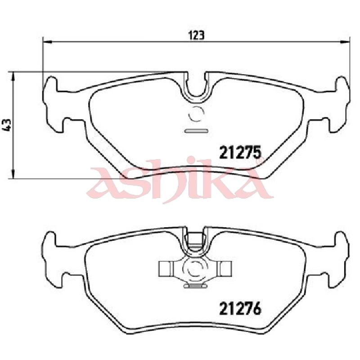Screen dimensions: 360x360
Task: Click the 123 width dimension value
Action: point(196,36)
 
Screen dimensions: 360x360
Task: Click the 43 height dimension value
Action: point(7,125)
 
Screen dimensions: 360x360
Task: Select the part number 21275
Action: point(240,152)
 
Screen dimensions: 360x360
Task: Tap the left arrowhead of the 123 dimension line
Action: point(47,42)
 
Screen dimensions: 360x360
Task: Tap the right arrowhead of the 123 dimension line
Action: point(345,42)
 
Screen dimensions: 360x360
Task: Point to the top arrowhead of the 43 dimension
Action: point(13,76)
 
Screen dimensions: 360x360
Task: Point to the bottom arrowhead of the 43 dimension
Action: point(13,174)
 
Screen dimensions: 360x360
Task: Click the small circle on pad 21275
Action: point(196,114)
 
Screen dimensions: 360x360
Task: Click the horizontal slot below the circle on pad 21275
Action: point(196,131)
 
